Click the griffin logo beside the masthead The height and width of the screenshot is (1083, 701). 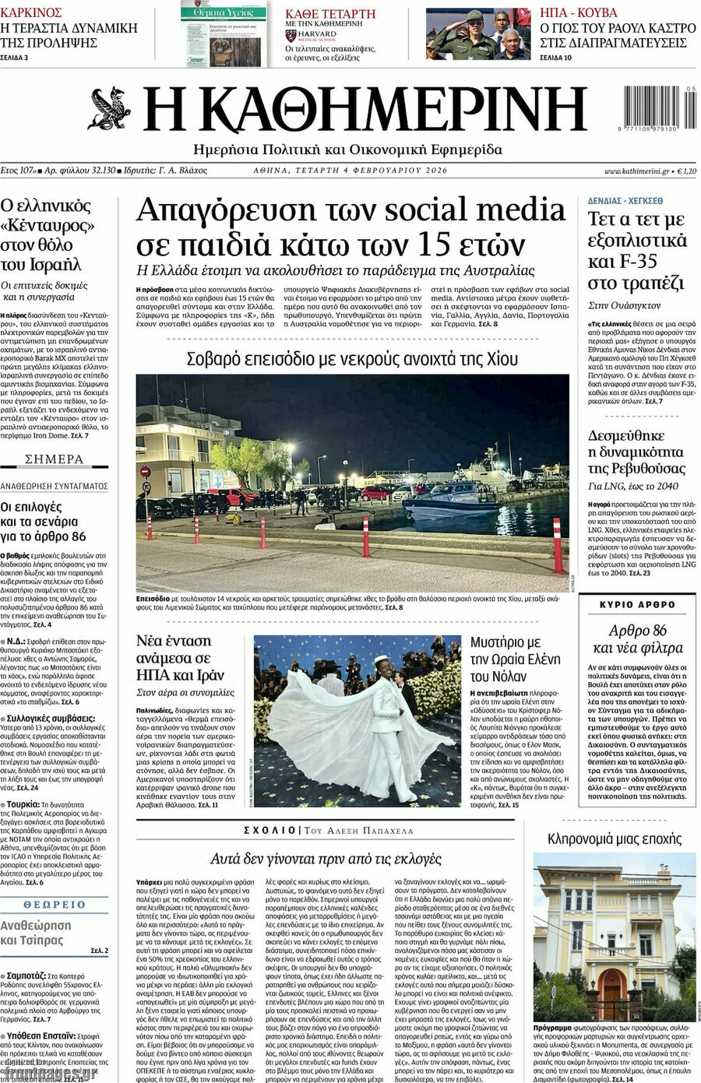[111, 109]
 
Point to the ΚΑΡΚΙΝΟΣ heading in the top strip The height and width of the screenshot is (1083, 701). [32, 12]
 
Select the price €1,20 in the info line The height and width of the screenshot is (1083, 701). [686, 171]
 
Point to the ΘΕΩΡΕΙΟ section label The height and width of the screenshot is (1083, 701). [55, 904]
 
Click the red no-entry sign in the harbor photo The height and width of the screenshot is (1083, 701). [144, 472]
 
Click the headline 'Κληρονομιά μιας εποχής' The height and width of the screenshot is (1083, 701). [614, 839]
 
